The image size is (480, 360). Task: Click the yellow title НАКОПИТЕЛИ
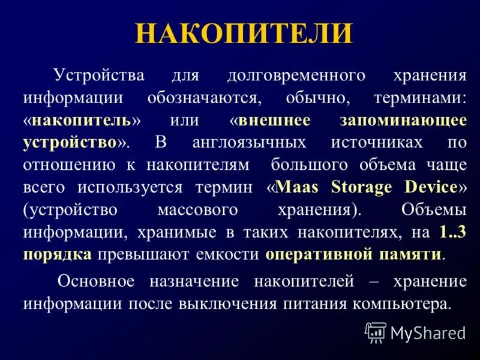click(x=244, y=34)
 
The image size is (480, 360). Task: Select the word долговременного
click(x=296, y=76)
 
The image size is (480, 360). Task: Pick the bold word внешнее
click(x=274, y=120)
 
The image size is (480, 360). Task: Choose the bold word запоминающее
click(x=403, y=120)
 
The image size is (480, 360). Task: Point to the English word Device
click(x=430, y=187)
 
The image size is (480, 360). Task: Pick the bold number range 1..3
click(x=452, y=231)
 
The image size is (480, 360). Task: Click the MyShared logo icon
click(x=376, y=332)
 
